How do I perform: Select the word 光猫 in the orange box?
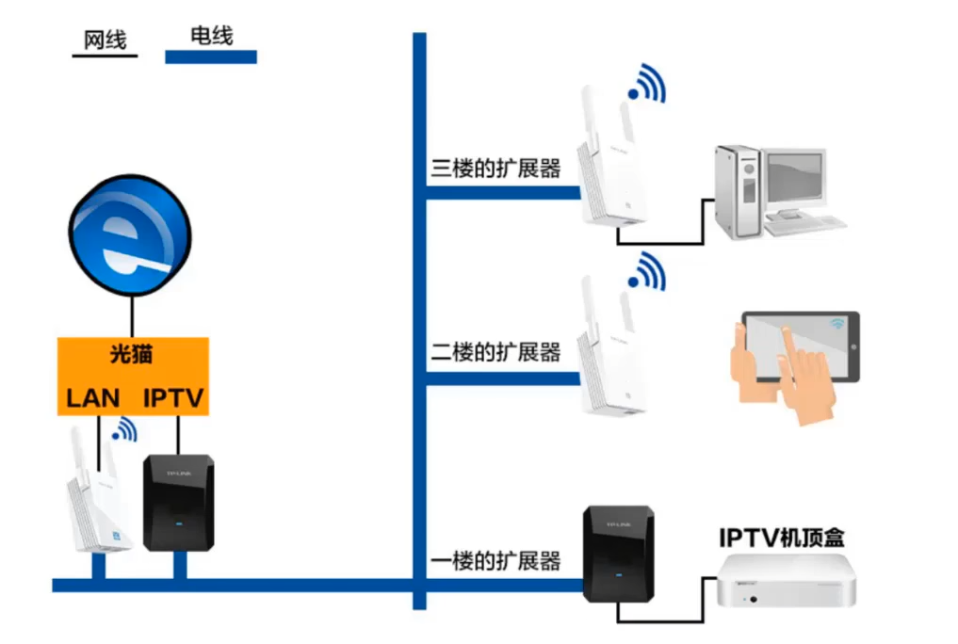click(x=132, y=355)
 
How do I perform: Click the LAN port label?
click(x=93, y=397)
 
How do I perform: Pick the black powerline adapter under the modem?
click(x=178, y=503)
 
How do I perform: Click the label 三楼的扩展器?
click(x=495, y=169)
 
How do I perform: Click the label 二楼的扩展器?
click(x=495, y=353)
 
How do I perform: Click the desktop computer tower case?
click(x=738, y=194)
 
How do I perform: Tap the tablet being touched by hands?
click(x=801, y=346)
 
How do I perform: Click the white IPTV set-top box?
click(x=788, y=582)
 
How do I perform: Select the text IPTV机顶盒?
click(x=782, y=538)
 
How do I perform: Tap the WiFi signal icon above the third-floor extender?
click(x=647, y=85)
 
